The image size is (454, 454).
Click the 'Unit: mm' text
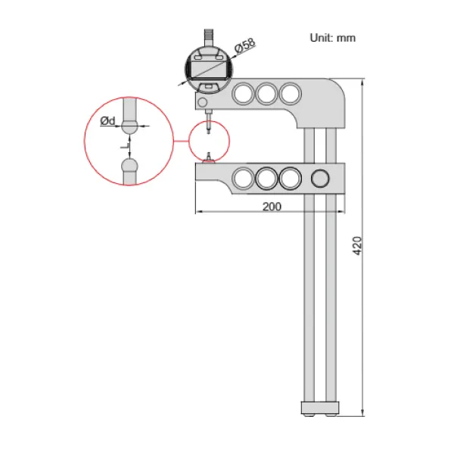[332, 37]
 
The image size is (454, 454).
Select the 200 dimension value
[272, 207]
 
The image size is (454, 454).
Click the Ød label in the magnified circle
[108, 121]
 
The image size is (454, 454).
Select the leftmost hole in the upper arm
[244, 94]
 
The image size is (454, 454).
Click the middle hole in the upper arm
[266, 94]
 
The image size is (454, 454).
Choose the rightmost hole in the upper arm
[289, 94]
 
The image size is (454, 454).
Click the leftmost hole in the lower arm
[244, 179]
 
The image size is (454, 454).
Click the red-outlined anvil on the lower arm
[208, 157]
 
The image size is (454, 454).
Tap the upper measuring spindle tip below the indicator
[208, 130]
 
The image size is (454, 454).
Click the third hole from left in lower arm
[289, 179]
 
